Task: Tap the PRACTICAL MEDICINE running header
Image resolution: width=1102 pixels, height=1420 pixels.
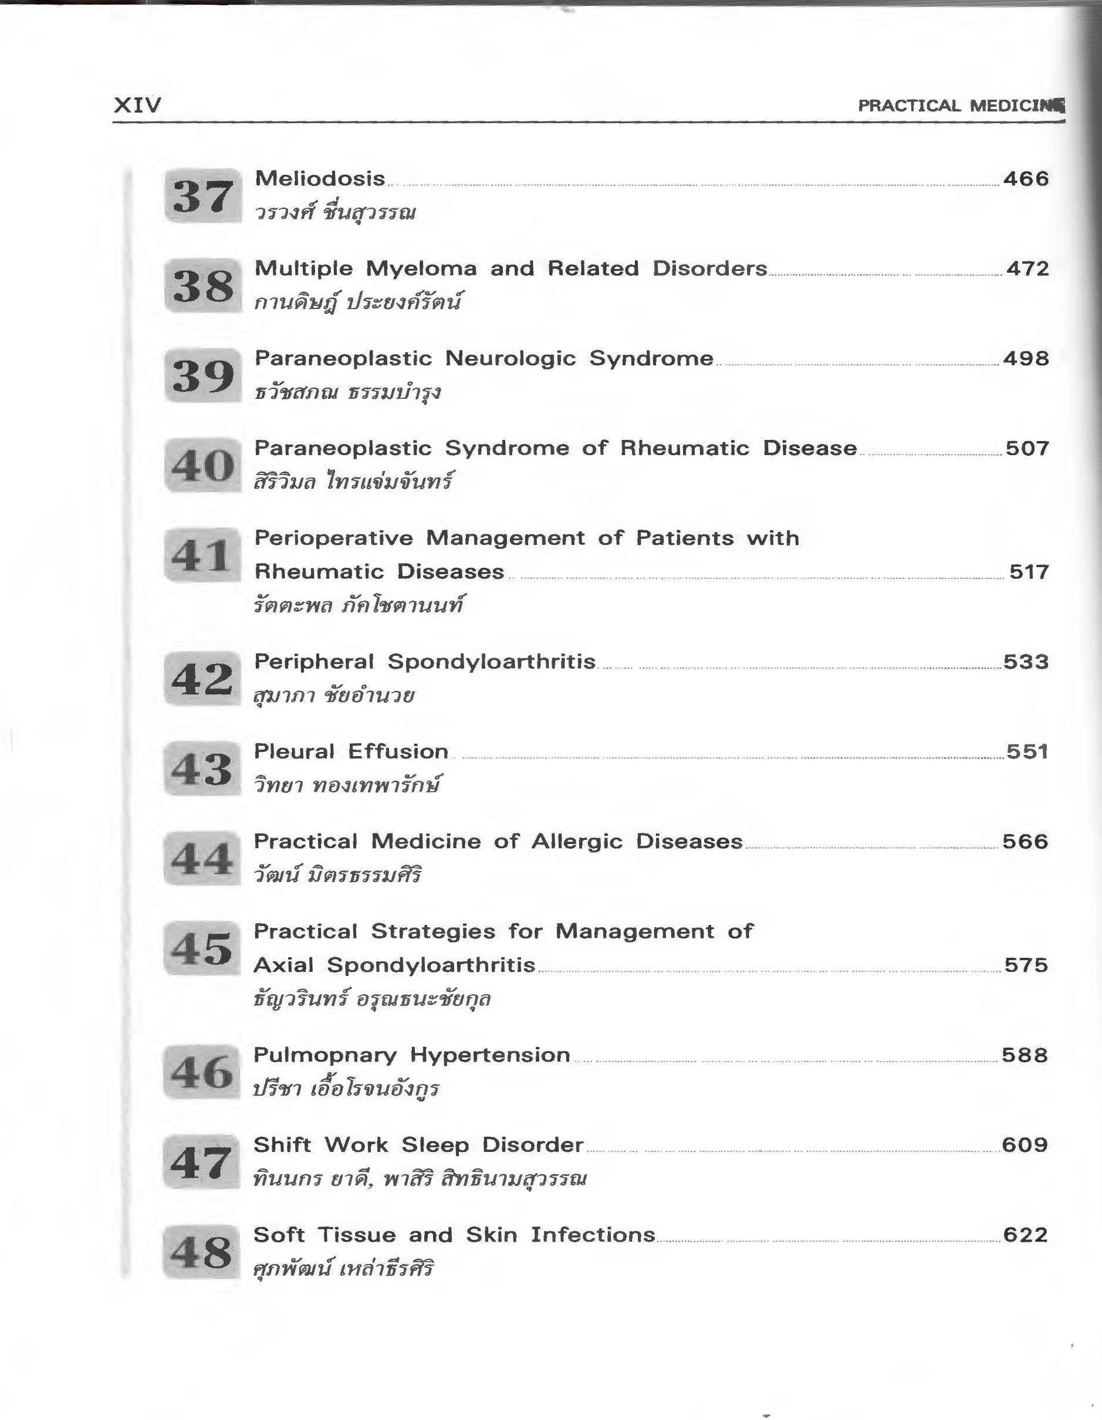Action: point(960,106)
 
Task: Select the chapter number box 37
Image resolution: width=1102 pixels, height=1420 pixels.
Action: point(203,196)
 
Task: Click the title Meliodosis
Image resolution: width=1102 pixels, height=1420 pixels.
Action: point(320,179)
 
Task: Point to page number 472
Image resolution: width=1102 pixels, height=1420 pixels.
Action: point(1027,269)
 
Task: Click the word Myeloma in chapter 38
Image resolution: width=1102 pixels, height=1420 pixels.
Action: point(421,269)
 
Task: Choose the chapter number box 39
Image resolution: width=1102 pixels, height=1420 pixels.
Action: point(203,376)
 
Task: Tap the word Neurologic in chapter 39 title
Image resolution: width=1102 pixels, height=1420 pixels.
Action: point(511,358)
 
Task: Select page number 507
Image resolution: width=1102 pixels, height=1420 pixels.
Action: point(1027,448)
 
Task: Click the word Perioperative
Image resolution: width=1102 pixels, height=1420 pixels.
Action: point(333,538)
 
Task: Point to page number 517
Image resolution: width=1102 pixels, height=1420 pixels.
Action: point(1029,571)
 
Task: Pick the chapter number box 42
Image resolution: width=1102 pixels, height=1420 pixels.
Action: point(202,679)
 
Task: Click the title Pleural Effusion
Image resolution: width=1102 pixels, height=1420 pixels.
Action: point(351,751)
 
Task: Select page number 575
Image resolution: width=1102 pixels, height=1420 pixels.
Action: point(1026,965)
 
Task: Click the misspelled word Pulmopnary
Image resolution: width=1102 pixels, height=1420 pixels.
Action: point(324,1055)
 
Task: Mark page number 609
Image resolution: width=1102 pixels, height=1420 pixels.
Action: point(1025,1145)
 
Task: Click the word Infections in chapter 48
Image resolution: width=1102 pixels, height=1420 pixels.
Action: point(593,1235)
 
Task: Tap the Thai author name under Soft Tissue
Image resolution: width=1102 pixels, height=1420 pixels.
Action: point(343,1269)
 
